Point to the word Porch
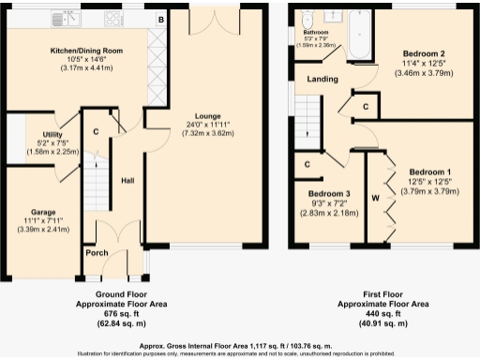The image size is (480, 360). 97,253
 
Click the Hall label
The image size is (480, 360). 130,180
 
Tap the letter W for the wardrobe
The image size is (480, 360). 375,198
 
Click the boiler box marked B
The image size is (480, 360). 160,19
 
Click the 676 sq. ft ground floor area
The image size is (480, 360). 119,314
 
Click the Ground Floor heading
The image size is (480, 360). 119,294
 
